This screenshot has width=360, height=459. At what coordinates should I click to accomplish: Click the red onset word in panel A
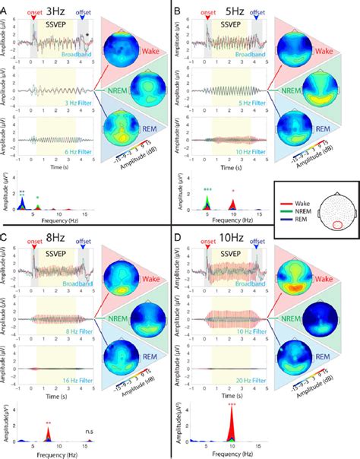(x=33, y=12)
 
